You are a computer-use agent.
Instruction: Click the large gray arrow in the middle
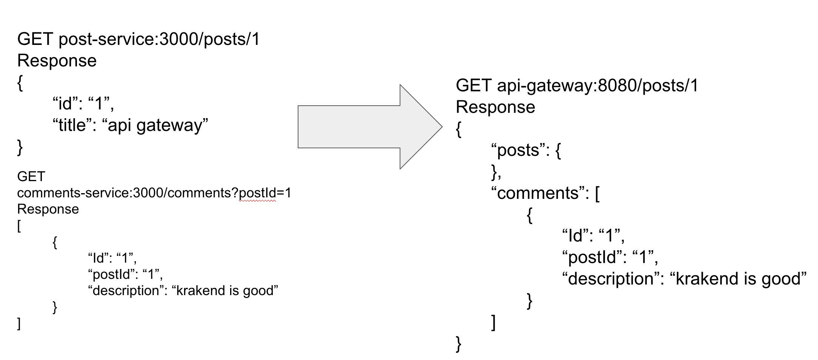coord(362,127)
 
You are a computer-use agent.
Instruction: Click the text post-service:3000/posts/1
coord(159,39)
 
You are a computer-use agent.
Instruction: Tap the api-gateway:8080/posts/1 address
coord(598,86)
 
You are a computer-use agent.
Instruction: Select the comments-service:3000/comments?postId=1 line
coord(154,193)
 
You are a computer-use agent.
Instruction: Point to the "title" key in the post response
coord(75,125)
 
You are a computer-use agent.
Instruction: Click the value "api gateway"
coord(155,125)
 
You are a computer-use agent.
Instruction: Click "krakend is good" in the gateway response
coord(738,279)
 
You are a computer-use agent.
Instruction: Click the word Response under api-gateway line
coord(495,107)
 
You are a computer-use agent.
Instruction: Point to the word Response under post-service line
coord(57,61)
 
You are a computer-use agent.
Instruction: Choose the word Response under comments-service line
coord(48,209)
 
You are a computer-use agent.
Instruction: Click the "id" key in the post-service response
coord(65,103)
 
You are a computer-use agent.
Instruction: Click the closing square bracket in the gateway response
coord(493,322)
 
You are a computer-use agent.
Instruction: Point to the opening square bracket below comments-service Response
coord(19,226)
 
